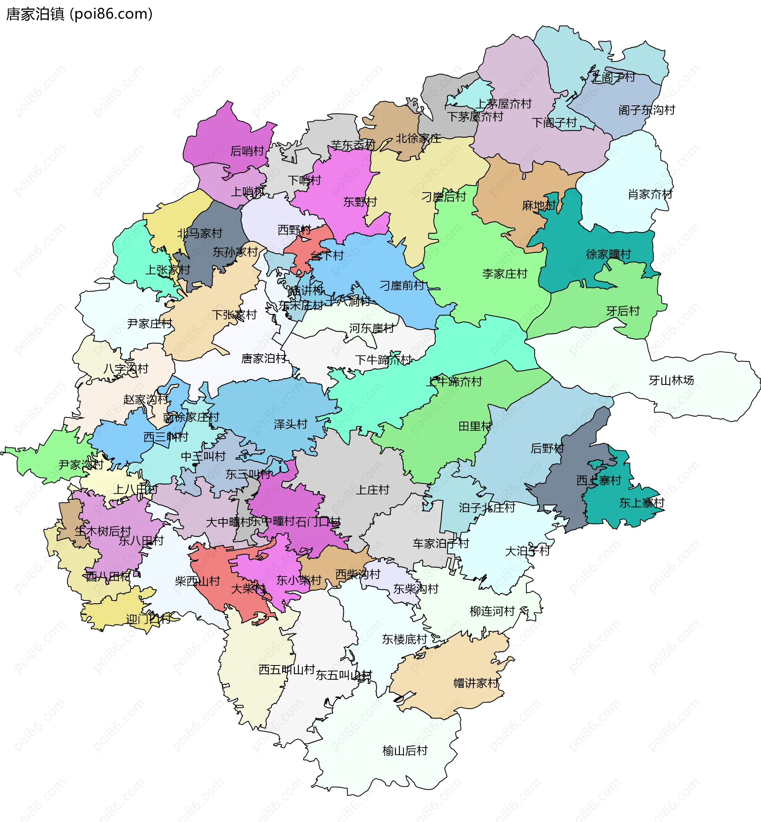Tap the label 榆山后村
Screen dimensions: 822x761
pos(405,751)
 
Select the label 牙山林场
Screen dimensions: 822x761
pos(671,380)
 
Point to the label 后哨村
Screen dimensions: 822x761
pos(247,151)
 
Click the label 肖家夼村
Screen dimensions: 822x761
pos(650,194)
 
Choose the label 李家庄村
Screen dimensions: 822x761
pos(505,273)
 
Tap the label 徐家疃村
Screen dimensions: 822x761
pos(608,254)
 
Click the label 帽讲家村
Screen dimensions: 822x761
pos(476,683)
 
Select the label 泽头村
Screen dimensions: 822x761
pos(291,424)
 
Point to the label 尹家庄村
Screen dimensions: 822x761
pos(149,324)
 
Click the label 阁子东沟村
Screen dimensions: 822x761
pos(646,110)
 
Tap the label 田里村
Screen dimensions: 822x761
pos(475,426)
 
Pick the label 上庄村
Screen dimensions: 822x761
pos(372,489)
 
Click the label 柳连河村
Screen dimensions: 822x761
pos(492,611)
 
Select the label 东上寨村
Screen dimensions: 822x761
pos(642,503)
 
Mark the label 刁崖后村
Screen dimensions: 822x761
pos(444,197)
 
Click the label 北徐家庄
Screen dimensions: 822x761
pos(418,138)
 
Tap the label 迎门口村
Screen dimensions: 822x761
pos(148,619)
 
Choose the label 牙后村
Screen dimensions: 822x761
pos(623,311)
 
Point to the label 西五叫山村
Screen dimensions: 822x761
pos(287,670)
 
